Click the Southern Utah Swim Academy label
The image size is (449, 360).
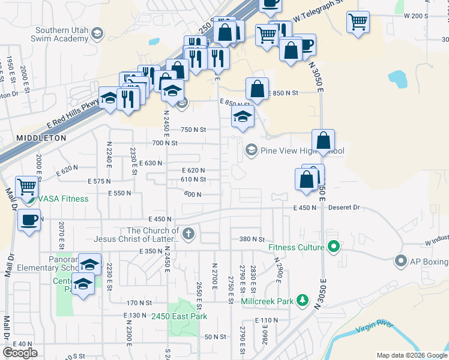[x=61, y=35]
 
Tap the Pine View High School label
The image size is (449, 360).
[x=303, y=151]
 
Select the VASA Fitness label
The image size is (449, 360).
[x=63, y=199]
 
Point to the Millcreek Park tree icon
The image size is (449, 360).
[x=304, y=300]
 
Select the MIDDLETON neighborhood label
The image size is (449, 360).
[x=41, y=137]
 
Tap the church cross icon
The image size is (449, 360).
[x=188, y=234]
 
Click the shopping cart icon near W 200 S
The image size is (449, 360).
[x=358, y=22]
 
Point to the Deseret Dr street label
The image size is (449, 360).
[x=344, y=208]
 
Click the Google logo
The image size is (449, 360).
[x=20, y=352]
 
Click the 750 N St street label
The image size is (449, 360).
[x=193, y=130]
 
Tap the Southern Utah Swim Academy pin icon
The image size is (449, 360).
[x=97, y=35]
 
